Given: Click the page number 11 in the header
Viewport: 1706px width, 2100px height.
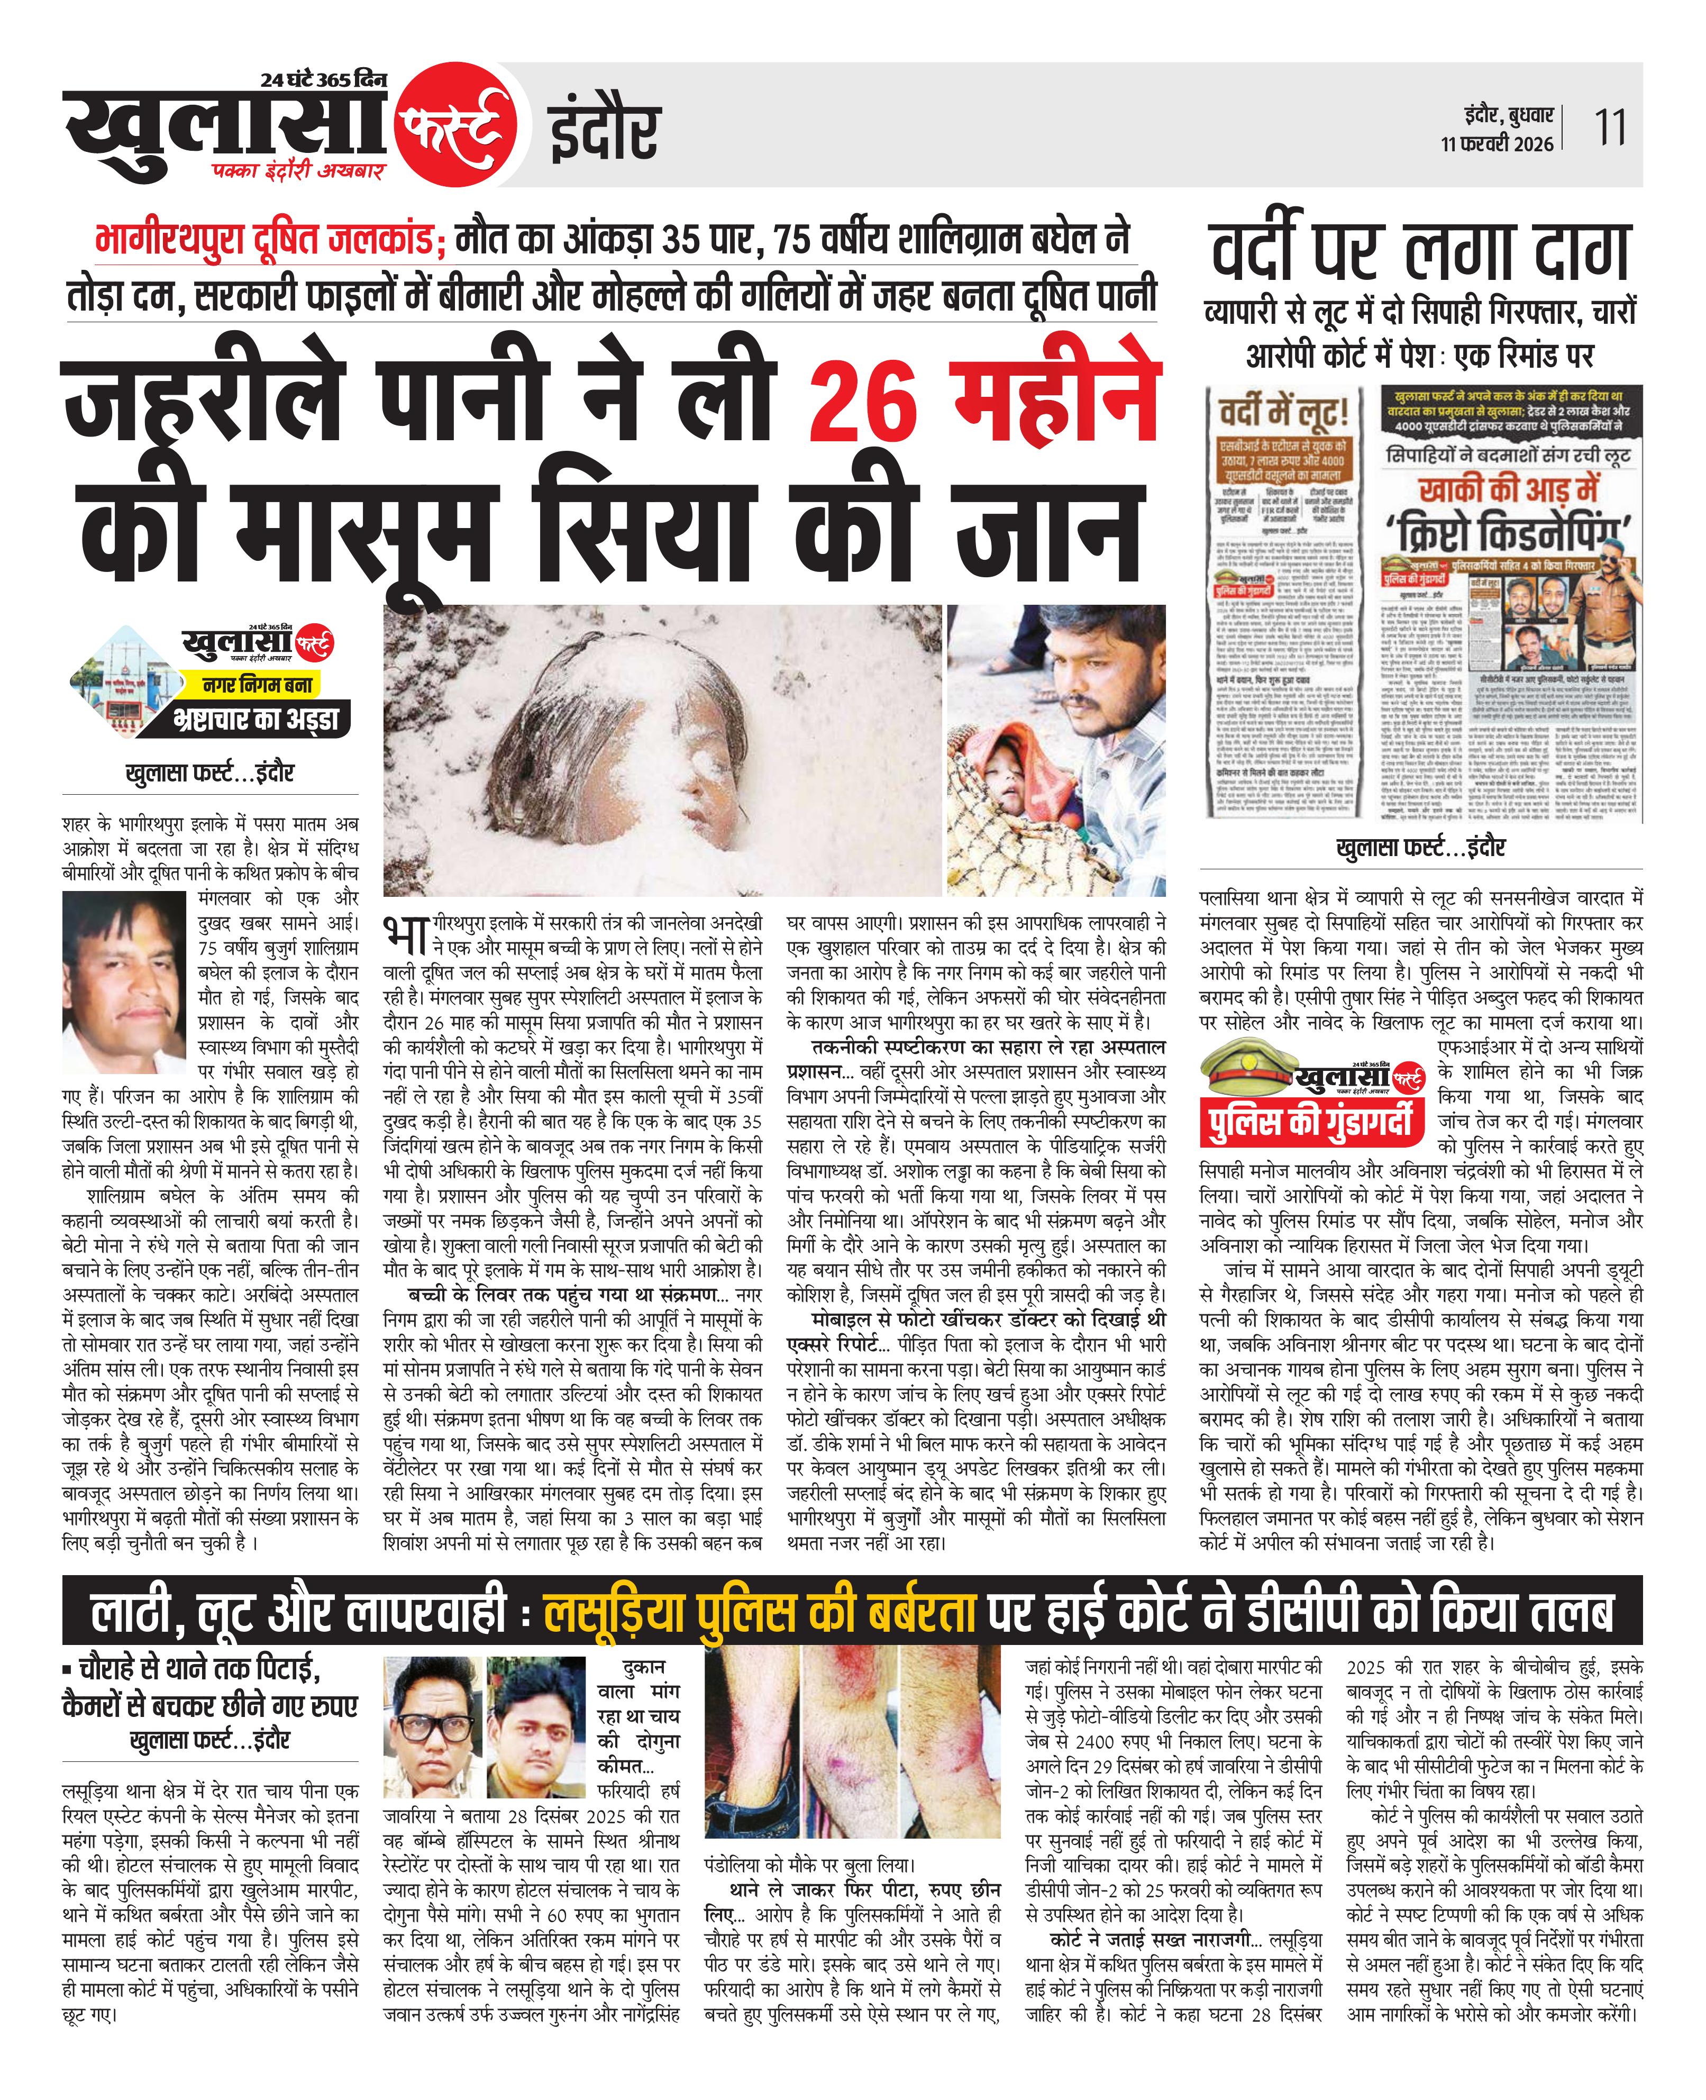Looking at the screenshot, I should click(1610, 129).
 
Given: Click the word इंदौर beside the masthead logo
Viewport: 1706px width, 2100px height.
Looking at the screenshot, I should click(603, 131).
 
